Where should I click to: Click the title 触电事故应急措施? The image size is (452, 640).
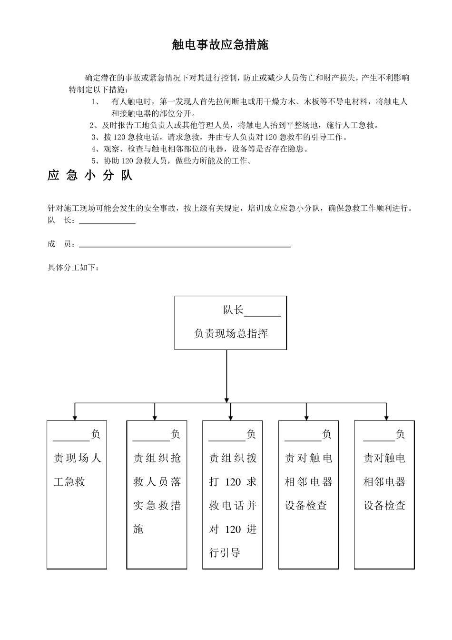(220, 45)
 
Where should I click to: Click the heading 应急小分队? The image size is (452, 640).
(90, 175)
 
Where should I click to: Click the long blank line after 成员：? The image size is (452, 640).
(185, 246)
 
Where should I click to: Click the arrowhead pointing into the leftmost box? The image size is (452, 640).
(75, 417)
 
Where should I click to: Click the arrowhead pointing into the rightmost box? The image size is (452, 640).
(386, 417)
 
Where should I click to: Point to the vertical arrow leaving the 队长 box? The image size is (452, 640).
(226, 376)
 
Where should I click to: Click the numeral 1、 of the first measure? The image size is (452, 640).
(96, 101)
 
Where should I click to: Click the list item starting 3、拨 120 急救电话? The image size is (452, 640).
(219, 137)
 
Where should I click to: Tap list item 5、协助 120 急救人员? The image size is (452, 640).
(171, 161)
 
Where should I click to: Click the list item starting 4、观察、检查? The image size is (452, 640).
(200, 149)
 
